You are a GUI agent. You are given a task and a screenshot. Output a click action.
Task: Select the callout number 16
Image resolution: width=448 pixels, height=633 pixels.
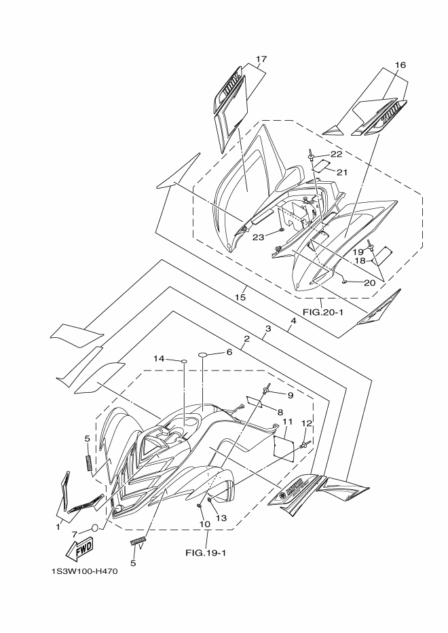400,65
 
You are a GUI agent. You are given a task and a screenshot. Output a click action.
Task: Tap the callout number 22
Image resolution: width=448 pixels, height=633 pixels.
336,155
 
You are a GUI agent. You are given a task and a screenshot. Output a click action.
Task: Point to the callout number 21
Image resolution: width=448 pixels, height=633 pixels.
342,172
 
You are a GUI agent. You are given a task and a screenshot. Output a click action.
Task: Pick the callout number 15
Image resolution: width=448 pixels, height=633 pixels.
240,296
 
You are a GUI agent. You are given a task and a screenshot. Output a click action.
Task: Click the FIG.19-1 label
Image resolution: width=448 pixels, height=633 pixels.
206,552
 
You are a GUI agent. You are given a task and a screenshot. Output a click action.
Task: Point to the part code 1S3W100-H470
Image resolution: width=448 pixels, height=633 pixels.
84,571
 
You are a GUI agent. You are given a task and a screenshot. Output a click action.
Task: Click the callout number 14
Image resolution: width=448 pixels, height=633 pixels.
159,358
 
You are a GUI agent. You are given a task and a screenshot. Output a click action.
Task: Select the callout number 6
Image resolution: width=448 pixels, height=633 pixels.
229,352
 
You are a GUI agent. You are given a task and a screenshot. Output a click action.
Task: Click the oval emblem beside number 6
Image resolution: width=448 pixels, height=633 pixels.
206,354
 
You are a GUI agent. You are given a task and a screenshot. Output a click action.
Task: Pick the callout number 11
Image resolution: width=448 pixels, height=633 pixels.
287,422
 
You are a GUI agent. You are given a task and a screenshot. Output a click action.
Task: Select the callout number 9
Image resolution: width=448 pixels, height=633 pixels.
290,395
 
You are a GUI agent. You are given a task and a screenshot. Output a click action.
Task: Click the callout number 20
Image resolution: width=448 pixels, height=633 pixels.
370,282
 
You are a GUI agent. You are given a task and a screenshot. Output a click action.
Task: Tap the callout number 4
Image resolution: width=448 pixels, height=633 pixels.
293,320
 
